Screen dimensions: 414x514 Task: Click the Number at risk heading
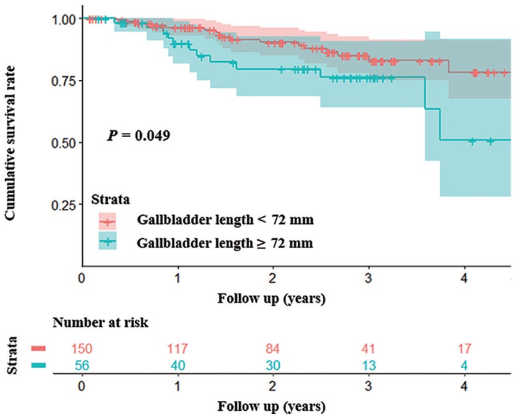coord(100,324)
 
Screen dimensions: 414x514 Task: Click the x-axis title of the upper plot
coord(271,299)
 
